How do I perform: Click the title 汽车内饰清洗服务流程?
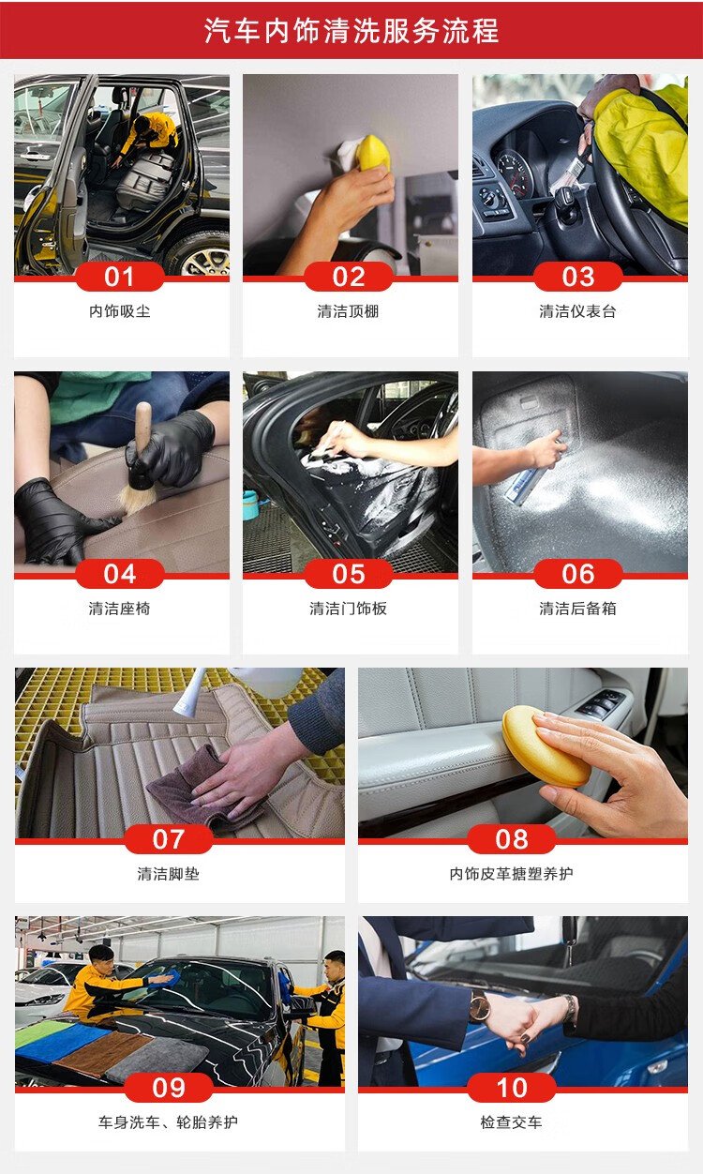point(351,30)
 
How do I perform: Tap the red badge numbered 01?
point(119,277)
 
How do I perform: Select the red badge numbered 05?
point(349,574)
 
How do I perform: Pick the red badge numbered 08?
point(512,839)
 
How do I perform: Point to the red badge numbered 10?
point(512,1088)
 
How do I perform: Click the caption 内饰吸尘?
point(120,311)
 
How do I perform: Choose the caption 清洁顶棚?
point(348,311)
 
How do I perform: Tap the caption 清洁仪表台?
point(577,311)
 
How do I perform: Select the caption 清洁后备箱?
point(577,609)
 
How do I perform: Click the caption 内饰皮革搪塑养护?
point(511,874)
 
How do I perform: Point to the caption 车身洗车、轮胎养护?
point(168,1122)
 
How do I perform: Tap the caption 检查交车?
point(511,1122)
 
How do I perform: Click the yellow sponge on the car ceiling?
point(373,152)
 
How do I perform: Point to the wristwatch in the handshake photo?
point(479,1006)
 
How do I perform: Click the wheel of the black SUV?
point(201,255)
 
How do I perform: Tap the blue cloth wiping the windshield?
point(171,976)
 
